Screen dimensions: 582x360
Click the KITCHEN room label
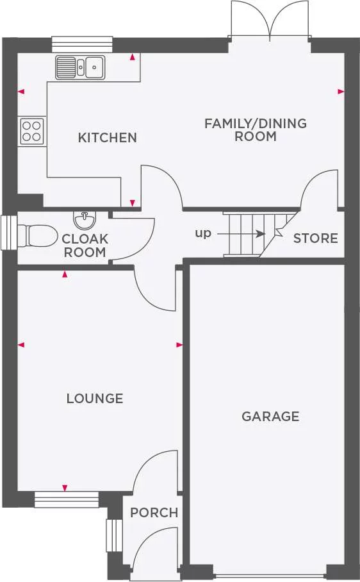coord(108,137)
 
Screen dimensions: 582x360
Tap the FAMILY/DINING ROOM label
coord(256,129)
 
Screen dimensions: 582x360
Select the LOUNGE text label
coord(95,399)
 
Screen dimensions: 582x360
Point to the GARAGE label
coord(270,417)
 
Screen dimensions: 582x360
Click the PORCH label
coord(154,513)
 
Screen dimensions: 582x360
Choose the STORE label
coord(315,238)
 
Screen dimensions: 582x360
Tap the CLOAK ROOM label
coord(85,245)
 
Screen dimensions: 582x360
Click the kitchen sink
coord(80,65)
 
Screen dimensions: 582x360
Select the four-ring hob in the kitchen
coord(31,131)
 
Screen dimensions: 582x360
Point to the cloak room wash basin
coord(83,220)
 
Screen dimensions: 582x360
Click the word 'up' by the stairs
coord(203,233)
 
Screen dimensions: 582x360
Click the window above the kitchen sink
coord(82,44)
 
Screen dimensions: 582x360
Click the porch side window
coord(113,535)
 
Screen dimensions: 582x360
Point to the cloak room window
coord(8,232)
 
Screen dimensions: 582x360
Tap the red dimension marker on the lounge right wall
coord(179,345)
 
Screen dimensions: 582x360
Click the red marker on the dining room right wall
coord(340,92)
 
